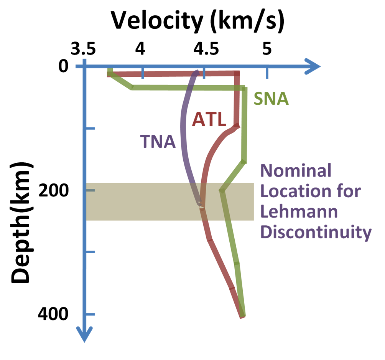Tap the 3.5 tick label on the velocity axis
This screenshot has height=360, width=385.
click(x=83, y=49)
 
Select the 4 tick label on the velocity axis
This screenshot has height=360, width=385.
click(x=141, y=49)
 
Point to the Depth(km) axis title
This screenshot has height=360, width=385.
click(x=21, y=223)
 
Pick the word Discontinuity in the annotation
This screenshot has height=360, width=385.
click(x=316, y=232)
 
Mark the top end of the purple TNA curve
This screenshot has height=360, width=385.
click(x=197, y=71)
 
